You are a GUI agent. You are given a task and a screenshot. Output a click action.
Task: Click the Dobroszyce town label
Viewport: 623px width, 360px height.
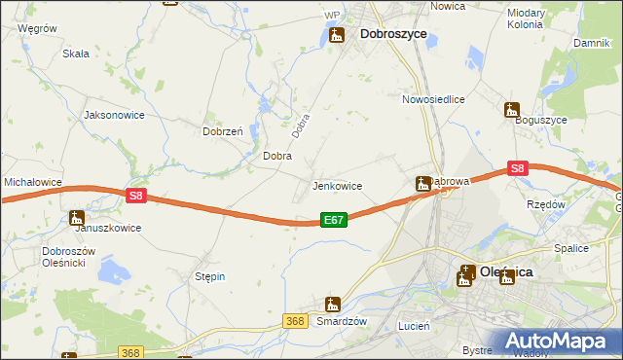pos(393,34)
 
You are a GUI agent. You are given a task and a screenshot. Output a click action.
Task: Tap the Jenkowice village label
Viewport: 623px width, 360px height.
pos(337,186)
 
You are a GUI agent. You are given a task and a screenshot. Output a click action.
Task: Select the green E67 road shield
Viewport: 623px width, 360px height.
pos(333,221)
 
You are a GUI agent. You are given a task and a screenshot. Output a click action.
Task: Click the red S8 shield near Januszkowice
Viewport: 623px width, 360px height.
pos(136,196)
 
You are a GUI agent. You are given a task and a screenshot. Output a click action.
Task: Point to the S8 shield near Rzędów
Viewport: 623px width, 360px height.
pos(518,168)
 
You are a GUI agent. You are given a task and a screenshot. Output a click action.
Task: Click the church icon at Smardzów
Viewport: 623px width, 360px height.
pos(333,305)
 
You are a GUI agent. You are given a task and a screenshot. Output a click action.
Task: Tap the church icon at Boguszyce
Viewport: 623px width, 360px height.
pos(511,110)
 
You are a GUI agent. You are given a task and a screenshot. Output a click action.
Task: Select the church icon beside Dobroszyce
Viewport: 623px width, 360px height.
pos(337,36)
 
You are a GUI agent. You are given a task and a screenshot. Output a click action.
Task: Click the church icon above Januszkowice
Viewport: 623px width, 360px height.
pos(77,218)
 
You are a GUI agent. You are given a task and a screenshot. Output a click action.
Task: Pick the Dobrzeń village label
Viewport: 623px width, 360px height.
pos(222,131)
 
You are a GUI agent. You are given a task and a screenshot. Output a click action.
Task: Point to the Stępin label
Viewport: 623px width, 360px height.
pos(210,276)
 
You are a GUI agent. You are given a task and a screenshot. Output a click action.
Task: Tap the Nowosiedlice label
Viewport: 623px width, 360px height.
pos(433,99)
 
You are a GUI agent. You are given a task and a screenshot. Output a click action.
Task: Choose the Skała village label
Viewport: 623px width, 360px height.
pos(76,54)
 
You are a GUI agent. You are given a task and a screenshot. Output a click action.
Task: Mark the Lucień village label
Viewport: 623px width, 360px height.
pos(414,327)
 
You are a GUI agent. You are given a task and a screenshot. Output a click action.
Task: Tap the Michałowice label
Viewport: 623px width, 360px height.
pos(33,182)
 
